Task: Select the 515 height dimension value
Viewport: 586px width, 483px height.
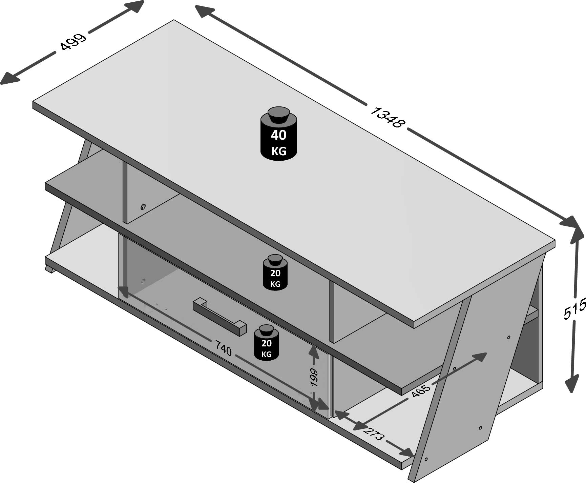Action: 575,308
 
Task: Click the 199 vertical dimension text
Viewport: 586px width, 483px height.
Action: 314,378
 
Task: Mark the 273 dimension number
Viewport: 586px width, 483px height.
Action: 374,434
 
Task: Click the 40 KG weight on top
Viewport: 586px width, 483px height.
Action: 278,136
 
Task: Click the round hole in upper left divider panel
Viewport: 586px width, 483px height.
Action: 143,206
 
